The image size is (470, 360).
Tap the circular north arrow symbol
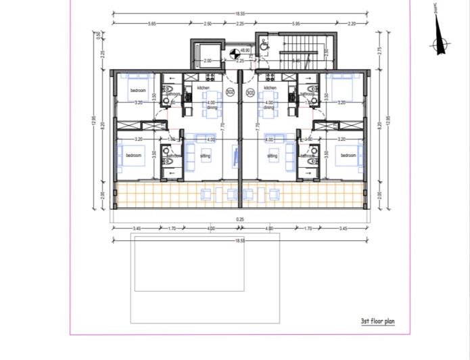440,45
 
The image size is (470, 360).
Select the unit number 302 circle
230,92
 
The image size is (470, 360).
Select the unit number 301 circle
250,92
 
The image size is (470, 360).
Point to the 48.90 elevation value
245,50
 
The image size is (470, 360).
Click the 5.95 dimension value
296,24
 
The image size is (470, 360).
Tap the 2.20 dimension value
352,24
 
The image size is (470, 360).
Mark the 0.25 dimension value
240,219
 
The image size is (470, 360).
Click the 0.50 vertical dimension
98,35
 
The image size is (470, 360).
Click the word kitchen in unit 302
204,88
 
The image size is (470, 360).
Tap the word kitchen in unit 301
271,88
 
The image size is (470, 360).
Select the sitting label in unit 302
205,156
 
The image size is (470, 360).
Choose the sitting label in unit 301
272,156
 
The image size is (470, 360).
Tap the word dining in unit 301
268,108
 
